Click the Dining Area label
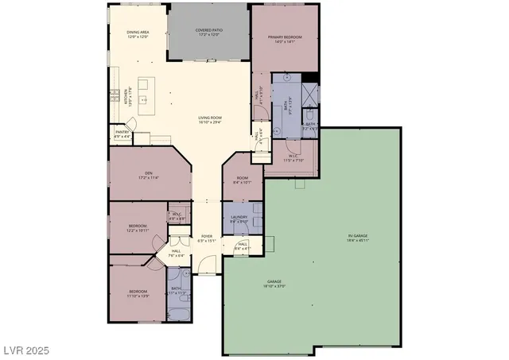pyautogui.click(x=138, y=33)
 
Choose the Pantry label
pyautogui.click(x=122, y=134)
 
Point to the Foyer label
pyautogui.click(x=206, y=238)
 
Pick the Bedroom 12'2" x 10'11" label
pyautogui.click(x=137, y=228)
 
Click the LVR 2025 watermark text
pyautogui.click(x=27, y=350)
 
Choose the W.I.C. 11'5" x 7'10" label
pyautogui.click(x=293, y=157)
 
